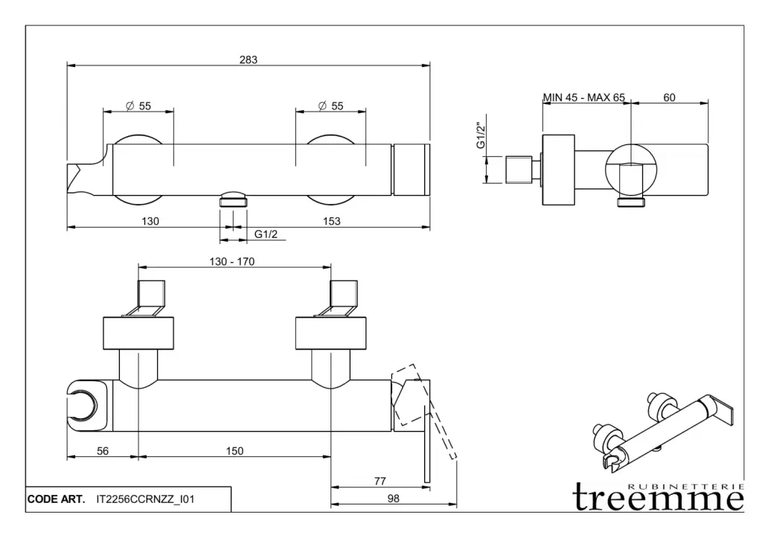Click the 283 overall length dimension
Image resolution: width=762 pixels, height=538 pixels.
click(249, 60)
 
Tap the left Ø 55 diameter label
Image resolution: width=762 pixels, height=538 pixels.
click(138, 106)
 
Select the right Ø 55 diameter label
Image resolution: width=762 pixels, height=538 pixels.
click(331, 106)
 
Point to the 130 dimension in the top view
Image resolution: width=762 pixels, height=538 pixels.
click(150, 221)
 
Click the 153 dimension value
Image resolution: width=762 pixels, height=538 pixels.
click(332, 221)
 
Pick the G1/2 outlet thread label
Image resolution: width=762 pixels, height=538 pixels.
click(266, 234)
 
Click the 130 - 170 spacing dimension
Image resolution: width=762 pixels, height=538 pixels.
click(232, 261)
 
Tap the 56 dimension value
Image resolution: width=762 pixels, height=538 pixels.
click(103, 451)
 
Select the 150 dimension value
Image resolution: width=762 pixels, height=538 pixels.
click(234, 451)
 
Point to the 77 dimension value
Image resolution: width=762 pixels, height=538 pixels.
click(380, 481)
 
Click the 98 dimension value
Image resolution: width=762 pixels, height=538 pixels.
click(393, 499)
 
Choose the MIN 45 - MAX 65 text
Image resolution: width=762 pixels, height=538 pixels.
click(584, 97)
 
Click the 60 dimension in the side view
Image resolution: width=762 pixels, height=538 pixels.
click(669, 97)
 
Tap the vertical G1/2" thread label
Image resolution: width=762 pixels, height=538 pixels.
click(481, 135)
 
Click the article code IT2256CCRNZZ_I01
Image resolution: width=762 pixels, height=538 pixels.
click(145, 499)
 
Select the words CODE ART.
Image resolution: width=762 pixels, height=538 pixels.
click(56, 499)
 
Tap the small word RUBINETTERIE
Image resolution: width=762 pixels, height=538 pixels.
click(686, 486)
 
